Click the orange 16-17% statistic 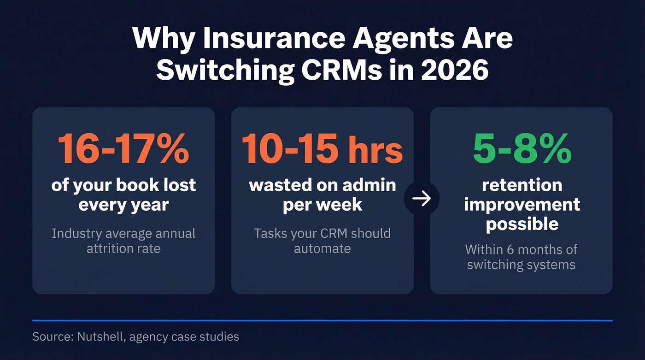click(123, 149)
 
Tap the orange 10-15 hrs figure click(322, 149)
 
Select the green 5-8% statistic click(522, 149)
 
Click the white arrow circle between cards click(422, 199)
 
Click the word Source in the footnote click(50, 336)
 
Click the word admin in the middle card click(369, 185)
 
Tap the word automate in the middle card click(322, 248)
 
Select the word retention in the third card click(522, 185)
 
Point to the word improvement click(522, 204)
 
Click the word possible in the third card click(522, 224)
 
